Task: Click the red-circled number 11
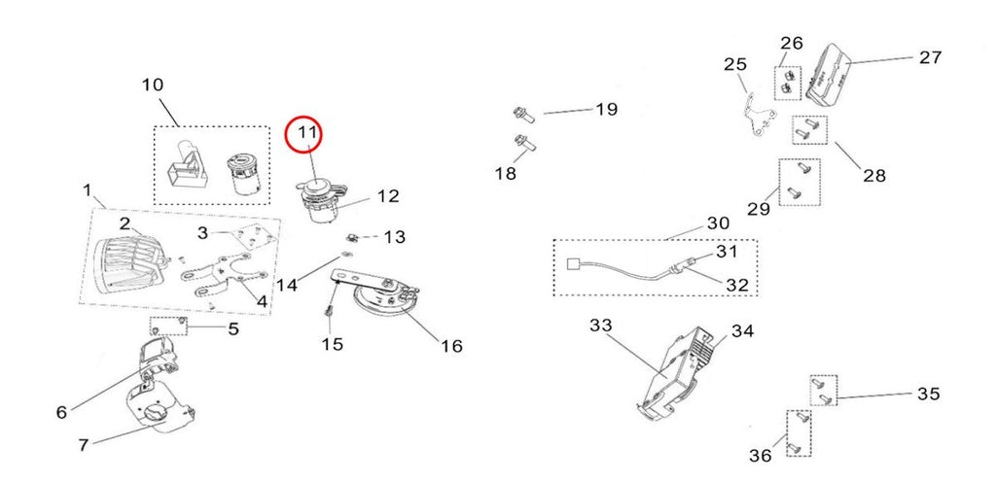point(307,133)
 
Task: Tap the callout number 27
point(930,57)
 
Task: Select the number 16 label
point(452,346)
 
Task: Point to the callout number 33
point(600,326)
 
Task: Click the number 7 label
point(84,445)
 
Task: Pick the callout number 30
point(719,224)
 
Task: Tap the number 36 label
point(761,456)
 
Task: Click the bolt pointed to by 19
point(524,116)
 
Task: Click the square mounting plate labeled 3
point(247,238)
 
